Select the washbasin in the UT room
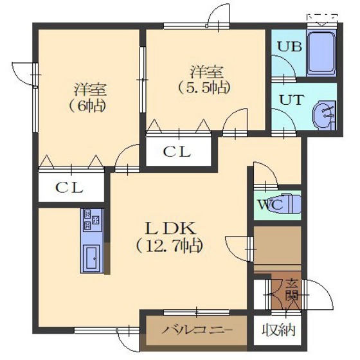[x=323, y=116]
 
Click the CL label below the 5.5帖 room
[x=175, y=153]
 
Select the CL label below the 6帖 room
[x=67, y=188]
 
